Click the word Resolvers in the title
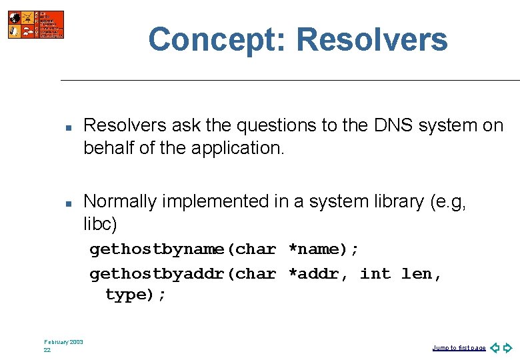[x=372, y=39]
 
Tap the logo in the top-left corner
[x=36, y=25]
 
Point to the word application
[x=237, y=148]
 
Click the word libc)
[x=100, y=223]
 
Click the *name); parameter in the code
[x=323, y=249]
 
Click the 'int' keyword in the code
[x=375, y=273]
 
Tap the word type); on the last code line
[x=136, y=295]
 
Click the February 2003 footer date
[x=63, y=342]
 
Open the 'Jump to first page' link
[x=459, y=348]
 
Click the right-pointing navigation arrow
[x=508, y=347]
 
